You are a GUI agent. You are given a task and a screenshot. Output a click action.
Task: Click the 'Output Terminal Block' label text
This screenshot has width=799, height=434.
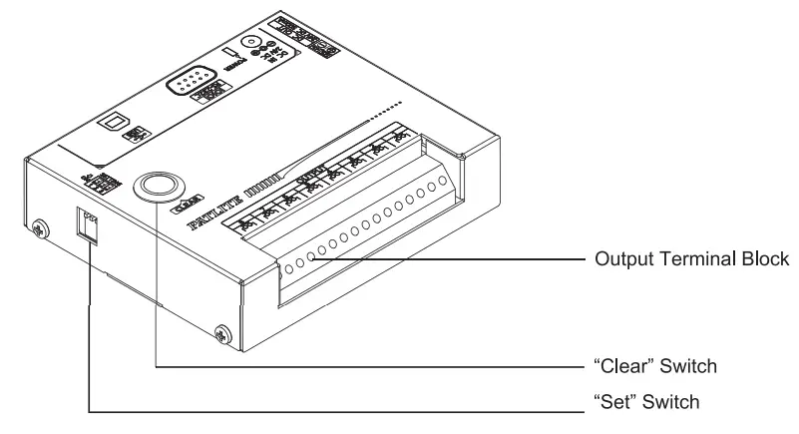691,258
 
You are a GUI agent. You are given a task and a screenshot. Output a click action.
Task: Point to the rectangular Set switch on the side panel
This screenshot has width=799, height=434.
89,226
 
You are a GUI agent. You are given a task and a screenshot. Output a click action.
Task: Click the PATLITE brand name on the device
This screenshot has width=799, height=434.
213,215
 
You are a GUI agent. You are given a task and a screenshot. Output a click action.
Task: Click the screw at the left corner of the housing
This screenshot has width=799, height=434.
39,226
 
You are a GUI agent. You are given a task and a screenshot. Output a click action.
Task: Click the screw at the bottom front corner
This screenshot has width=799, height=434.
221,331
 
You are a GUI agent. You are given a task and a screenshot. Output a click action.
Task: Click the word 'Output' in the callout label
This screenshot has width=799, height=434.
618,258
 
